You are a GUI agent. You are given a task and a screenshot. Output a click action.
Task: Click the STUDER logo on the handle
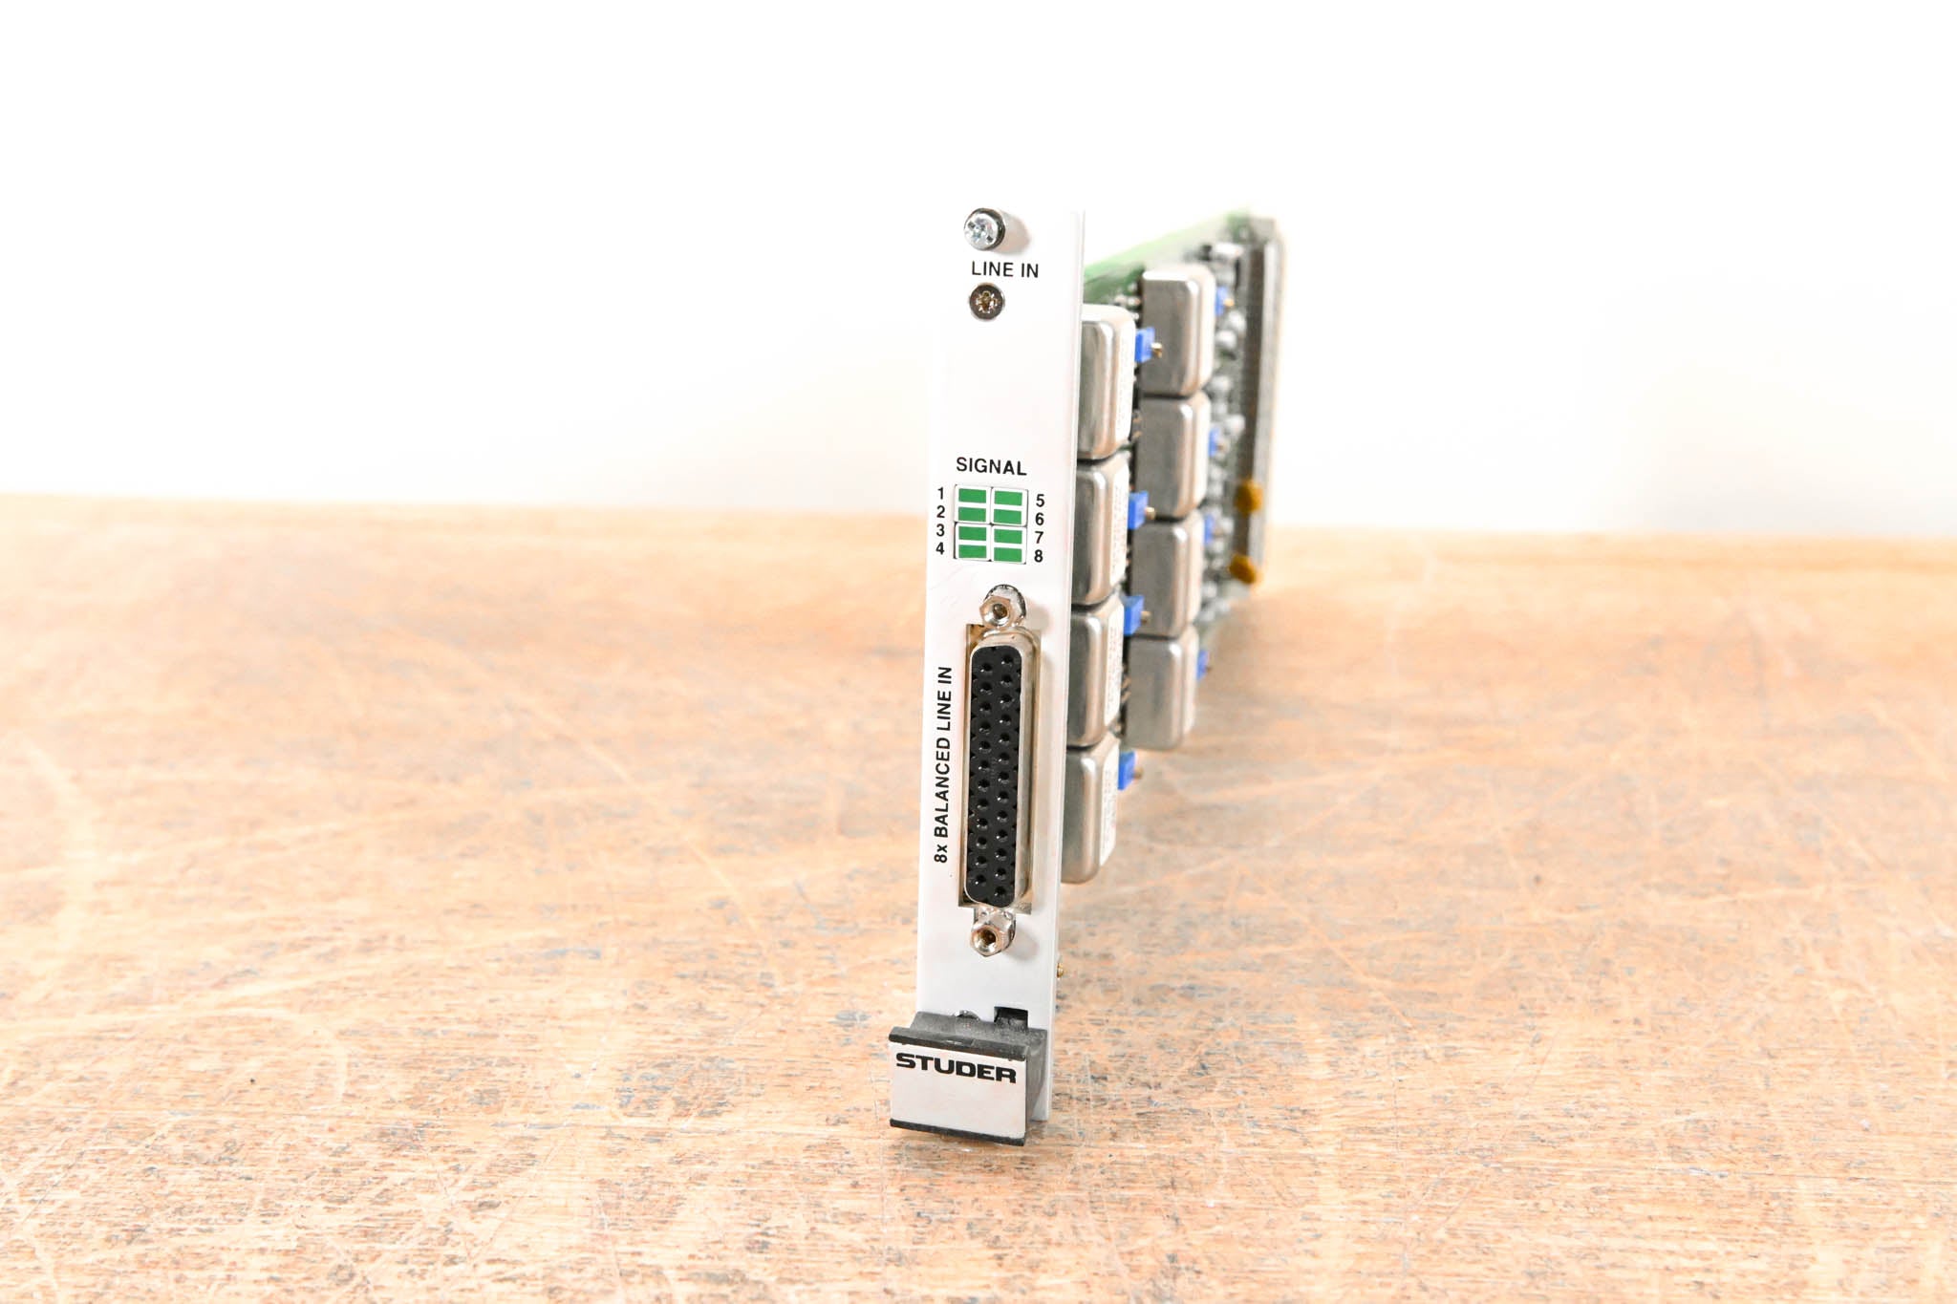pos(956,1068)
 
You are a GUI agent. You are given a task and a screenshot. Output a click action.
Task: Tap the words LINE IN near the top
pos(1004,270)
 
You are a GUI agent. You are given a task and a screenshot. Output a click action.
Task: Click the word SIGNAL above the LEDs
pos(991,467)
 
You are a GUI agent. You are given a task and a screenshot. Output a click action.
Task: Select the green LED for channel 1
pos(973,498)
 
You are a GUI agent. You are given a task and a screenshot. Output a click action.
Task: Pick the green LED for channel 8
pos(1008,553)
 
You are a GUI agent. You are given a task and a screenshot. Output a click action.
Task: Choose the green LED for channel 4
pos(973,550)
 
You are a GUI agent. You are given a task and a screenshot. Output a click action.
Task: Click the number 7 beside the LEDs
pos(1039,538)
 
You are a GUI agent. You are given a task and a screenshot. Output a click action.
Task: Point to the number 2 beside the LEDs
pos(940,512)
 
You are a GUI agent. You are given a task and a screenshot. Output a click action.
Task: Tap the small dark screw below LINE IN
pos(986,304)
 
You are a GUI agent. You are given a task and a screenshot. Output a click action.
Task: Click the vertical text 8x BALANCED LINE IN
pos(943,764)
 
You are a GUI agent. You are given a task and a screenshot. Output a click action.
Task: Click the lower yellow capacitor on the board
pos(1242,571)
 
